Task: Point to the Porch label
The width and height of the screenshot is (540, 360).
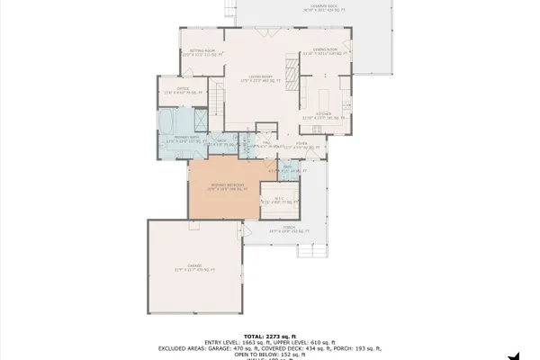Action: pyautogui.click(x=289, y=231)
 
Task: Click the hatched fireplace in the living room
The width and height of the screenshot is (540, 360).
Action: pyautogui.click(x=290, y=67)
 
